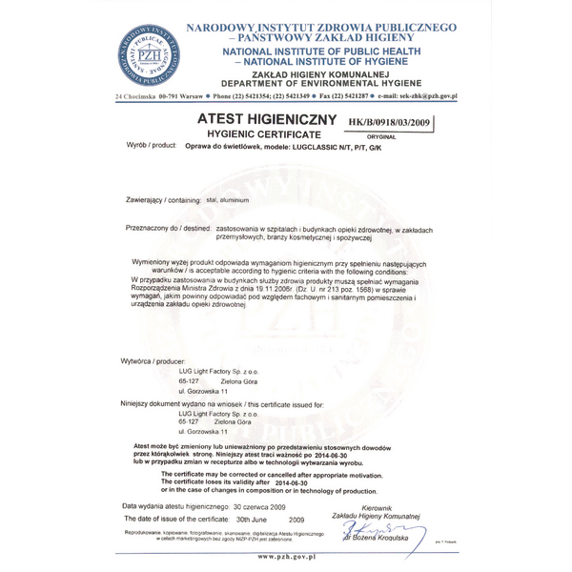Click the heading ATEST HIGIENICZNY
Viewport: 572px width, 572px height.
pyautogui.click(x=266, y=120)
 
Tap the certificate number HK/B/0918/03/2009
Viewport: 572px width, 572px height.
pyautogui.click(x=391, y=123)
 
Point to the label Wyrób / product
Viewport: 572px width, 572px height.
pyautogui.click(x=152, y=146)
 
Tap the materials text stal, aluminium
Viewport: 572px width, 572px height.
pyautogui.click(x=227, y=201)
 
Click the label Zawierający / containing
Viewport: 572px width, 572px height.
pyautogui.click(x=164, y=201)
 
